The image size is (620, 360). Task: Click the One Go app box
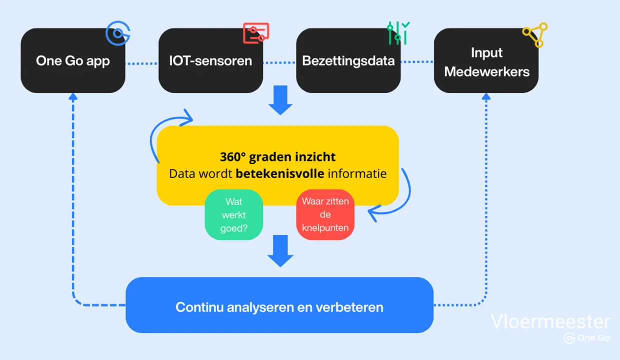pos(72,61)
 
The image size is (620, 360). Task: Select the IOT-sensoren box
pos(210,61)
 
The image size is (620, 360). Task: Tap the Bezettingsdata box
pos(348,61)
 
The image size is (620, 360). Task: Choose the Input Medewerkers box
pos(486,61)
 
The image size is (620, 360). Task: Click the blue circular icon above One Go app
pos(118,33)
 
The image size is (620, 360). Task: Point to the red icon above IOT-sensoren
pos(256,33)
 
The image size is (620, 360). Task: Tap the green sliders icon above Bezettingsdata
pos(398,32)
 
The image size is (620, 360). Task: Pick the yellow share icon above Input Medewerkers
pos(535,34)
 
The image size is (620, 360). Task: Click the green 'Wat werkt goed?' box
pos(234,215)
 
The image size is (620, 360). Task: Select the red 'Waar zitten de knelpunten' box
pos(325,215)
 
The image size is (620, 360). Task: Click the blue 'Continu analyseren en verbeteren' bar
pos(279,305)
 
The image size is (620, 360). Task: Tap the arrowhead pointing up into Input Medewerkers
pos(486,96)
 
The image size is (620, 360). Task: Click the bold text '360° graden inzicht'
pos(277,157)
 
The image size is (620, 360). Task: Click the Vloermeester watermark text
pos(550,321)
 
